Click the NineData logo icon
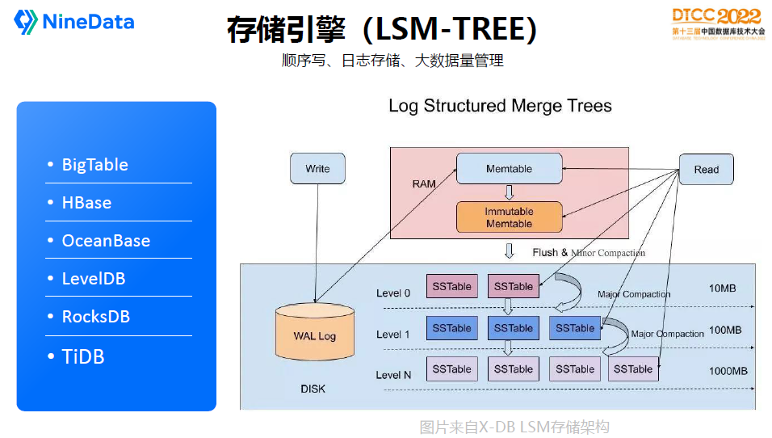pyautogui.click(x=26, y=22)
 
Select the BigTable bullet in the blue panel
pyautogui.click(x=94, y=165)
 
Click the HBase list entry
pyautogui.click(x=86, y=203)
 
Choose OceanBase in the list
pyautogui.click(x=106, y=241)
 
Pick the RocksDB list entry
pyautogui.click(x=95, y=317)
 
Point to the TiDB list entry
pyautogui.click(x=83, y=356)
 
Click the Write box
pyautogui.click(x=317, y=169)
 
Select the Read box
pyautogui.click(x=706, y=170)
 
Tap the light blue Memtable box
pyautogui.click(x=509, y=169)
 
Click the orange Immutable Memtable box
pyautogui.click(x=509, y=217)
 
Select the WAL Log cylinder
pyautogui.click(x=314, y=333)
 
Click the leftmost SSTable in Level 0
pyautogui.click(x=451, y=287)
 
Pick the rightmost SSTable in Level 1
pyautogui.click(x=575, y=329)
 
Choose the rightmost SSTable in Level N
pyautogui.click(x=632, y=369)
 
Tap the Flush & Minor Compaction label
pyautogui.click(x=589, y=253)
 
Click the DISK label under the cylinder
pyautogui.click(x=313, y=389)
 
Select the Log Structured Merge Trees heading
pyautogui.click(x=500, y=106)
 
